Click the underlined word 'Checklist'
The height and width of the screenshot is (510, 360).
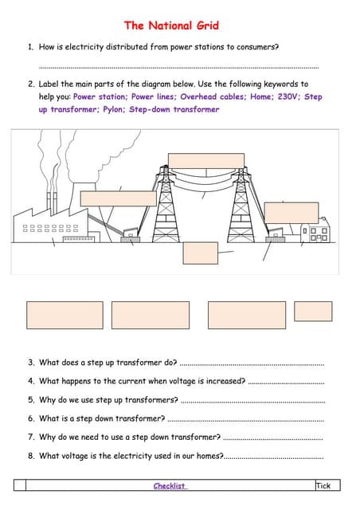pyautogui.click(x=170, y=485)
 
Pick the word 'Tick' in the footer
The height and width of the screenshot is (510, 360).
pyautogui.click(x=323, y=485)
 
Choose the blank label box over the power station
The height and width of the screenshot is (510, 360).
pyautogui.click(x=119, y=198)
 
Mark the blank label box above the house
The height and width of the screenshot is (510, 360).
pyautogui.click(x=291, y=212)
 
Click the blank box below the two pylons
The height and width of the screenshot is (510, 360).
pyautogui.click(x=200, y=252)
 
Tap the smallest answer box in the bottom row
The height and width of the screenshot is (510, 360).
pyautogui.click(x=313, y=311)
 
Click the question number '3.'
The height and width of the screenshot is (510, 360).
pyautogui.click(x=31, y=363)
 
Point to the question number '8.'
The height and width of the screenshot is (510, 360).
pyautogui.click(x=31, y=456)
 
